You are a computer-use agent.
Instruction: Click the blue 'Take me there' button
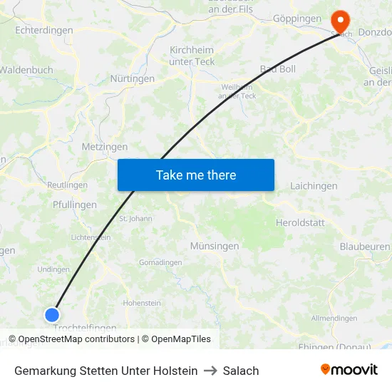coord(196,175)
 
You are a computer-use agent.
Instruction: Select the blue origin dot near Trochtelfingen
coord(52,314)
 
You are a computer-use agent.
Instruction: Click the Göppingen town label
coord(296,19)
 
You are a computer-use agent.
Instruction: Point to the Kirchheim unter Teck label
coord(192,56)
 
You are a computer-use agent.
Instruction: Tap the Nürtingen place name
coord(132,78)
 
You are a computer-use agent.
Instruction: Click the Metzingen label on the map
coord(105,147)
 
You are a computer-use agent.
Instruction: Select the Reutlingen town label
coord(67,185)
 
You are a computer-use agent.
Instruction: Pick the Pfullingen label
coord(74,205)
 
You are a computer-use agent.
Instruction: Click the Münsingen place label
coord(214,246)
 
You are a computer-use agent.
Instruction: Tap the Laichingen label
coord(314,186)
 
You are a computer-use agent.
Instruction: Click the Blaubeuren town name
coord(365,246)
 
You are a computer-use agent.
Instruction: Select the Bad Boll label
coord(278,69)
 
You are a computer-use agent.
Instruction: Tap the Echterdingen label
coord(43,31)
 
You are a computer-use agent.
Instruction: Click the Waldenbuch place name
coord(26,70)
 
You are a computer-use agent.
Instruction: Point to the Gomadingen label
coord(160,262)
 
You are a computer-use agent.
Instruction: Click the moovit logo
coord(349,370)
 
